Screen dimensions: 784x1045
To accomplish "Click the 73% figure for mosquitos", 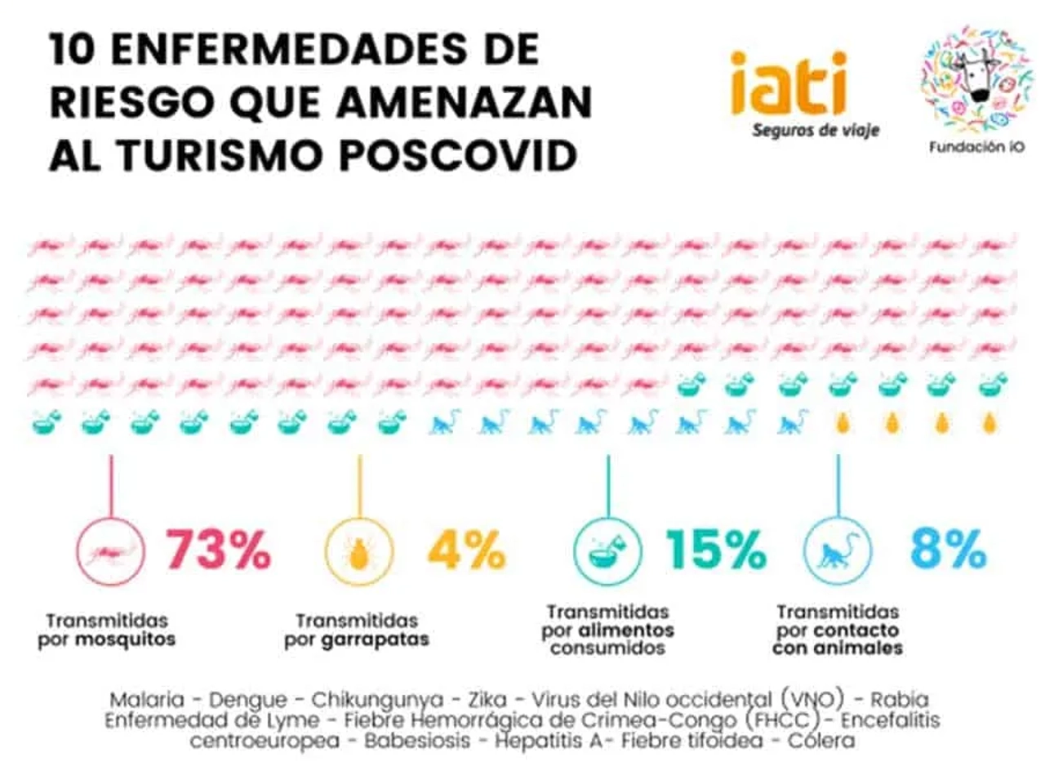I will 218,550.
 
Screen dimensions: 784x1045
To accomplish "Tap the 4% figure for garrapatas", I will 466,550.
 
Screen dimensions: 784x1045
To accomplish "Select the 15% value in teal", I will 715,550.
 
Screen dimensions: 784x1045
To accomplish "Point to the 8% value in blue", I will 948,549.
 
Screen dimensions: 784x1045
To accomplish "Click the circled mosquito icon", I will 110,552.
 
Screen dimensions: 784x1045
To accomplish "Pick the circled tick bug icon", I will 359,552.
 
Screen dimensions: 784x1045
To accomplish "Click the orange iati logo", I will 788,83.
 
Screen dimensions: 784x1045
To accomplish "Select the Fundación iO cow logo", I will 976,78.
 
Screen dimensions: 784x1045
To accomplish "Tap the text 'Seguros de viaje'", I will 815,130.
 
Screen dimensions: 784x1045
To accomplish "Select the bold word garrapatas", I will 375,639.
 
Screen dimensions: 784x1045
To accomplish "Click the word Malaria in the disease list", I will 147,700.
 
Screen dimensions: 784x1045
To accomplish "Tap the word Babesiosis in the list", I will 417,741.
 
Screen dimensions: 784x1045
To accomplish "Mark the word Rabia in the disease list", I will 899,700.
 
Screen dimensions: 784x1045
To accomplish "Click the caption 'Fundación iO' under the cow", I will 976,148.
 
